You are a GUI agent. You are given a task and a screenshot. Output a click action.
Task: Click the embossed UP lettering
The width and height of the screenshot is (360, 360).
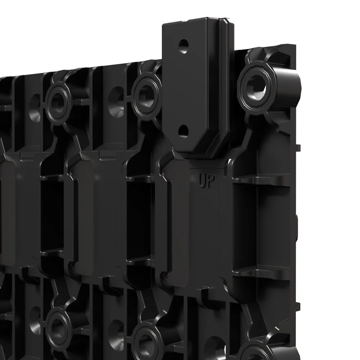(x=207, y=181)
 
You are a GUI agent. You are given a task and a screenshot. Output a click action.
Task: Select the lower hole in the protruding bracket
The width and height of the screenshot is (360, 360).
(x=183, y=131)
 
